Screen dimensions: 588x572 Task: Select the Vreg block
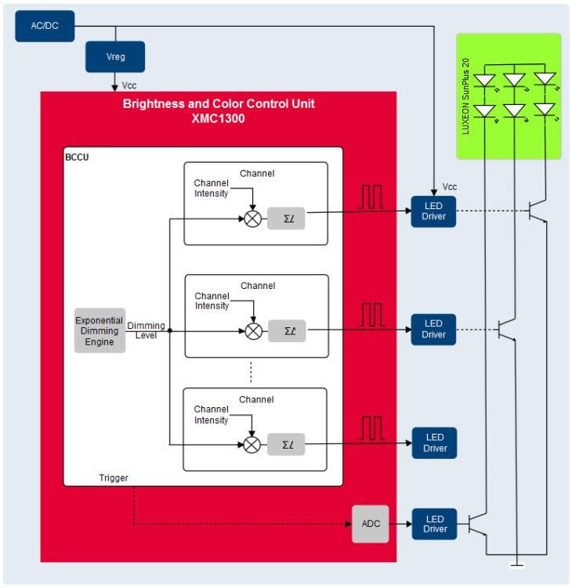[114, 57]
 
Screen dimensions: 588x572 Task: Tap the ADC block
[370, 524]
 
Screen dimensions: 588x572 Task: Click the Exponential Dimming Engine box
[100, 330]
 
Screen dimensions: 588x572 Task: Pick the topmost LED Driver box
[433, 212]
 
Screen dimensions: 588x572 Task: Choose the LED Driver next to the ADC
[433, 524]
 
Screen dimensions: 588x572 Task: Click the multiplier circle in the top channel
[252, 219]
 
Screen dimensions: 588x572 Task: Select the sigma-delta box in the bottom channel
[286, 445]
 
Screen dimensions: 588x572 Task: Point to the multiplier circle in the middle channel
[253, 331]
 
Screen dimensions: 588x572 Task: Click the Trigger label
[114, 478]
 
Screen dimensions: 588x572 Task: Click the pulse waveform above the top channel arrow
[371, 197]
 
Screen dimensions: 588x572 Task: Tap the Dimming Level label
[146, 330]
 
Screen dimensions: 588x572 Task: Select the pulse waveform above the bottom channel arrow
[371, 429]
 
